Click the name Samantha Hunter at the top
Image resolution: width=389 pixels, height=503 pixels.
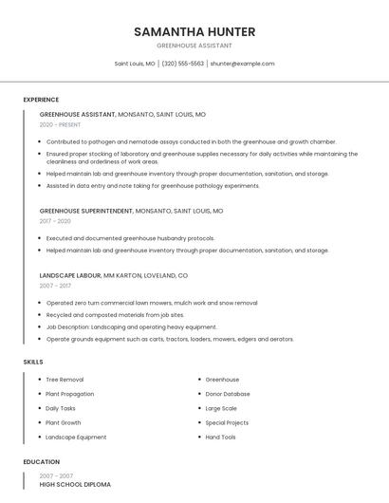(194, 31)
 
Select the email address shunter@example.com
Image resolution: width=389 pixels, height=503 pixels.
(242, 64)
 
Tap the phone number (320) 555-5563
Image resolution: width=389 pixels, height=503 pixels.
(183, 64)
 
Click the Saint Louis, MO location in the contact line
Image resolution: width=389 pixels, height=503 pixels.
(135, 64)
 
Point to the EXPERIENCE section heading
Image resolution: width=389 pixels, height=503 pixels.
(41, 100)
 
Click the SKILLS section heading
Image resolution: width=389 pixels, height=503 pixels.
(33, 362)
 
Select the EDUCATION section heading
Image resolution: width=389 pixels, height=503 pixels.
(41, 462)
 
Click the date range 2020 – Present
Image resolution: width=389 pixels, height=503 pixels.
(61, 124)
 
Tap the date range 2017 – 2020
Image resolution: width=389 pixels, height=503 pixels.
(55, 221)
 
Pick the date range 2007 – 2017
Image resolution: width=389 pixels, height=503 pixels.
(55, 286)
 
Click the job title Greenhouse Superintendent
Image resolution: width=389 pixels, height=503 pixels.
(86, 211)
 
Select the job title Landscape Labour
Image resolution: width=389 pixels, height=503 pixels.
(70, 275)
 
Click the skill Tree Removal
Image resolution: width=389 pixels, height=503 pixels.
(65, 380)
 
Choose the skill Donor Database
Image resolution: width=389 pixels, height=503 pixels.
(228, 394)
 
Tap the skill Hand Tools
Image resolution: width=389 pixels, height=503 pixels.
(220, 437)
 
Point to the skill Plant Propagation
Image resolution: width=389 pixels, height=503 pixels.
(70, 394)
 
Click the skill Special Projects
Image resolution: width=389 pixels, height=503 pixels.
(227, 422)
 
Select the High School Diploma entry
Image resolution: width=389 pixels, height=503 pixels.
(75, 485)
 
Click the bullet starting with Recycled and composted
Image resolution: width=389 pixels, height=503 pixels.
(115, 314)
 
